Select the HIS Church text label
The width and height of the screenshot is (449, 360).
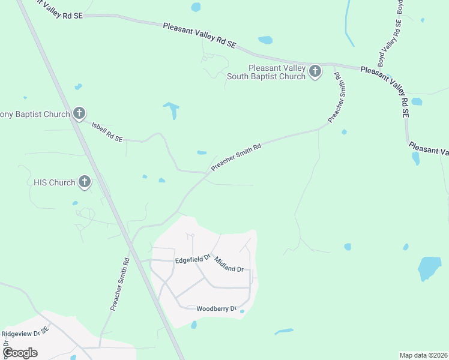click(54, 182)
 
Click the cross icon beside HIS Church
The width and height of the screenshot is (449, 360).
click(85, 182)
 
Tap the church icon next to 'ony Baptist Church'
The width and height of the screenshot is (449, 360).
click(79, 113)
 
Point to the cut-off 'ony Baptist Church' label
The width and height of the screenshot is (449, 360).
click(34, 113)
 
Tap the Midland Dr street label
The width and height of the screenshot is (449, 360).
click(229, 264)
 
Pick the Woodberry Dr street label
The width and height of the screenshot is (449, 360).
click(216, 308)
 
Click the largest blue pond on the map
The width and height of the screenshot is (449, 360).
click(429, 269)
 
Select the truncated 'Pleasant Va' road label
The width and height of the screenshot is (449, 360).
click(428, 148)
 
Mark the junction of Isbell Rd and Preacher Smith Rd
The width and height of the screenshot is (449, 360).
click(206, 174)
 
